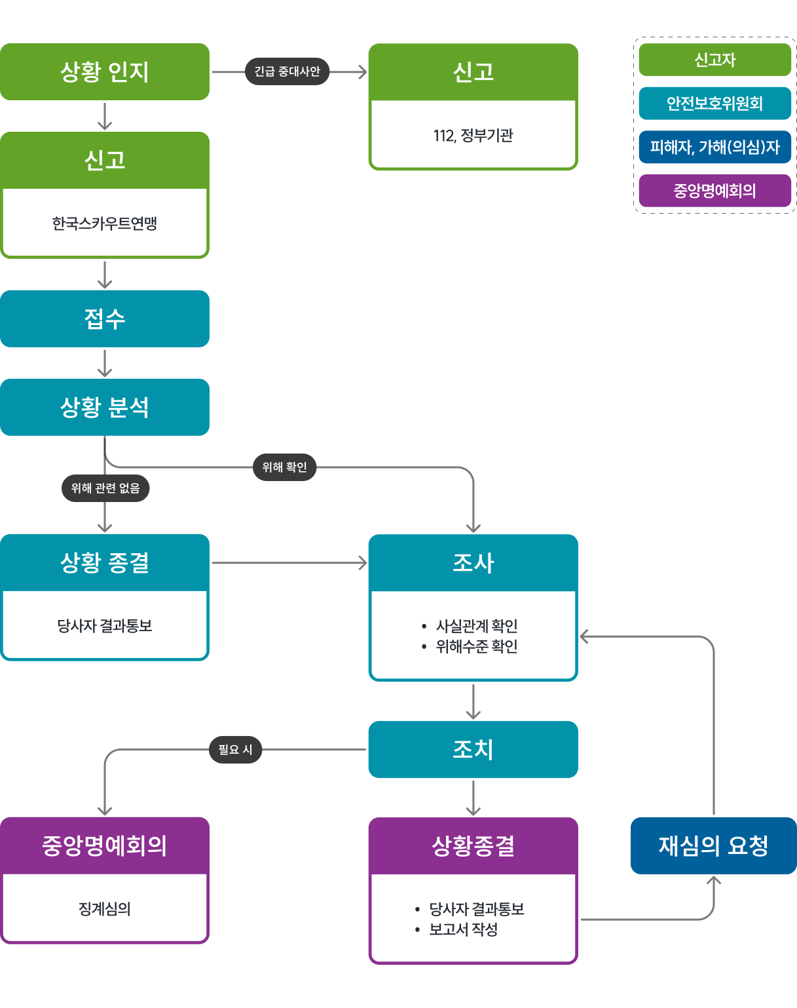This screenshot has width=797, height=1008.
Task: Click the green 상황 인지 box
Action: (105, 71)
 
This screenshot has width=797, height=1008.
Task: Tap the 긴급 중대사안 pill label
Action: (287, 71)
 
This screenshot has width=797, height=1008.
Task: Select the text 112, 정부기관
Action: (473, 136)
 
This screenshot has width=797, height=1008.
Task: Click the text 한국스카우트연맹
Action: (105, 223)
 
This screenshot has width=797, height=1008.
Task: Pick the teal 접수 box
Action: (105, 319)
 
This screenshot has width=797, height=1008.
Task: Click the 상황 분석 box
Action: (105, 407)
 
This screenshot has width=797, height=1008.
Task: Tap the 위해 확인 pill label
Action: (284, 467)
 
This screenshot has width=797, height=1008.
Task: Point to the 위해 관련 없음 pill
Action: (105, 488)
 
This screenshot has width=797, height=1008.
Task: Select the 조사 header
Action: (473, 563)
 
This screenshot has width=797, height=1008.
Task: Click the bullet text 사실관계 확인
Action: (477, 626)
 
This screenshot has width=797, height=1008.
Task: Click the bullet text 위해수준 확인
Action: (477, 646)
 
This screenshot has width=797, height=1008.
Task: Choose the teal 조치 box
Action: (473, 749)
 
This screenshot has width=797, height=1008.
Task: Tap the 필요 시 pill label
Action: (235, 749)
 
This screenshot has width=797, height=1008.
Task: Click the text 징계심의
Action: (105, 909)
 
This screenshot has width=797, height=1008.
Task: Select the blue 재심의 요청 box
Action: (713, 845)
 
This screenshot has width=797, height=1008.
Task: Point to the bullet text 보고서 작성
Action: (464, 929)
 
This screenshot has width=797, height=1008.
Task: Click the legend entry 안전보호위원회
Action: (714, 104)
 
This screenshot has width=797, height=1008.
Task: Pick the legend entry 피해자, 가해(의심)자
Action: (714, 147)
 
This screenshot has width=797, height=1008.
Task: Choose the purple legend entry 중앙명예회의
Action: (714, 191)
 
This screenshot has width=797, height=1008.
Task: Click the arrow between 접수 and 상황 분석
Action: (105, 363)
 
